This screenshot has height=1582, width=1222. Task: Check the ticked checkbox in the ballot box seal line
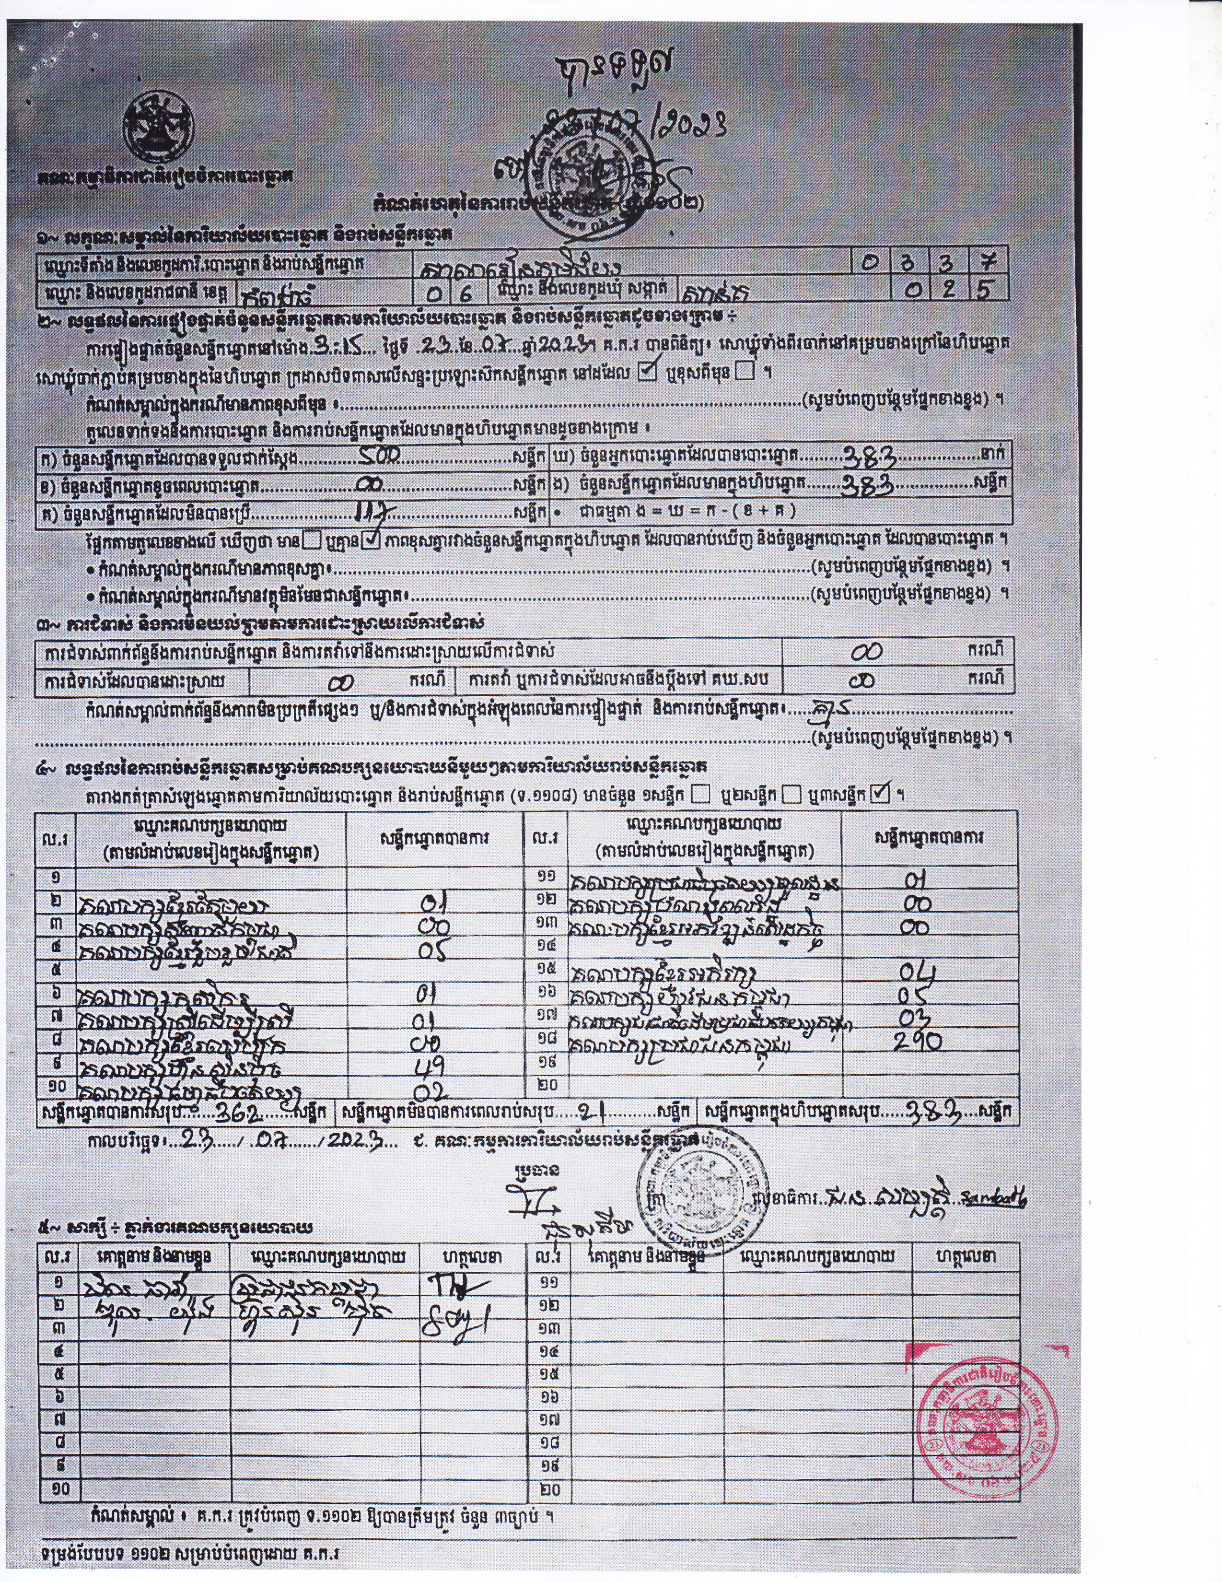[648, 372]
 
